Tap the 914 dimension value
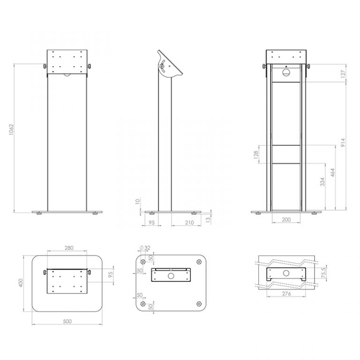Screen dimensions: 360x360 pos(343,142)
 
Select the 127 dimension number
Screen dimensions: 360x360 pos(343,74)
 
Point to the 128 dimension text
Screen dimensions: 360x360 pos(256,155)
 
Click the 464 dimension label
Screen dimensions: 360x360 pos(333,172)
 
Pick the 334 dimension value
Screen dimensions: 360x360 pos(322,181)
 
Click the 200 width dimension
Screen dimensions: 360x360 pos(286,219)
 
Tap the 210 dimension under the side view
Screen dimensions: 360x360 pos(189,222)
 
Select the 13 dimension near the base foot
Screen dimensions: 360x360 pos(208,219)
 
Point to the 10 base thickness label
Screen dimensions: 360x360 pos(137,202)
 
